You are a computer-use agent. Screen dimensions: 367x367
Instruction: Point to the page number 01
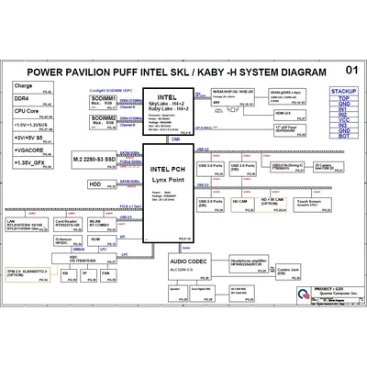coord(351,70)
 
